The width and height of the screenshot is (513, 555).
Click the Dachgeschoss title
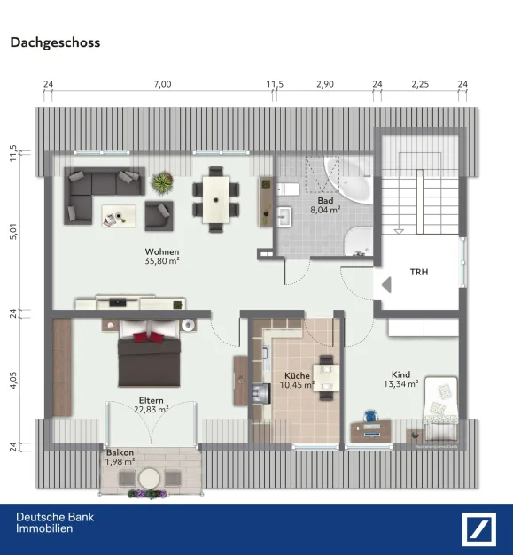pos(55,42)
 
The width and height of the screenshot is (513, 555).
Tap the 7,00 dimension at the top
pos(161,84)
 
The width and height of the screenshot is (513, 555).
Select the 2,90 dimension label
pos(325,84)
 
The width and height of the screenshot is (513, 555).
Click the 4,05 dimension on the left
pos(13,381)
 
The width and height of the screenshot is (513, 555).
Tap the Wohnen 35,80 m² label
pos(162,256)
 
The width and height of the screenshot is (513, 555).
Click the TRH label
pos(418,272)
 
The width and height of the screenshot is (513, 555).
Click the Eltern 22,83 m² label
pos(152,404)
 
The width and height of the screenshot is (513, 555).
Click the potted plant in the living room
pos(161,183)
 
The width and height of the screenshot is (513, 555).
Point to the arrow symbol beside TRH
pos(386,285)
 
